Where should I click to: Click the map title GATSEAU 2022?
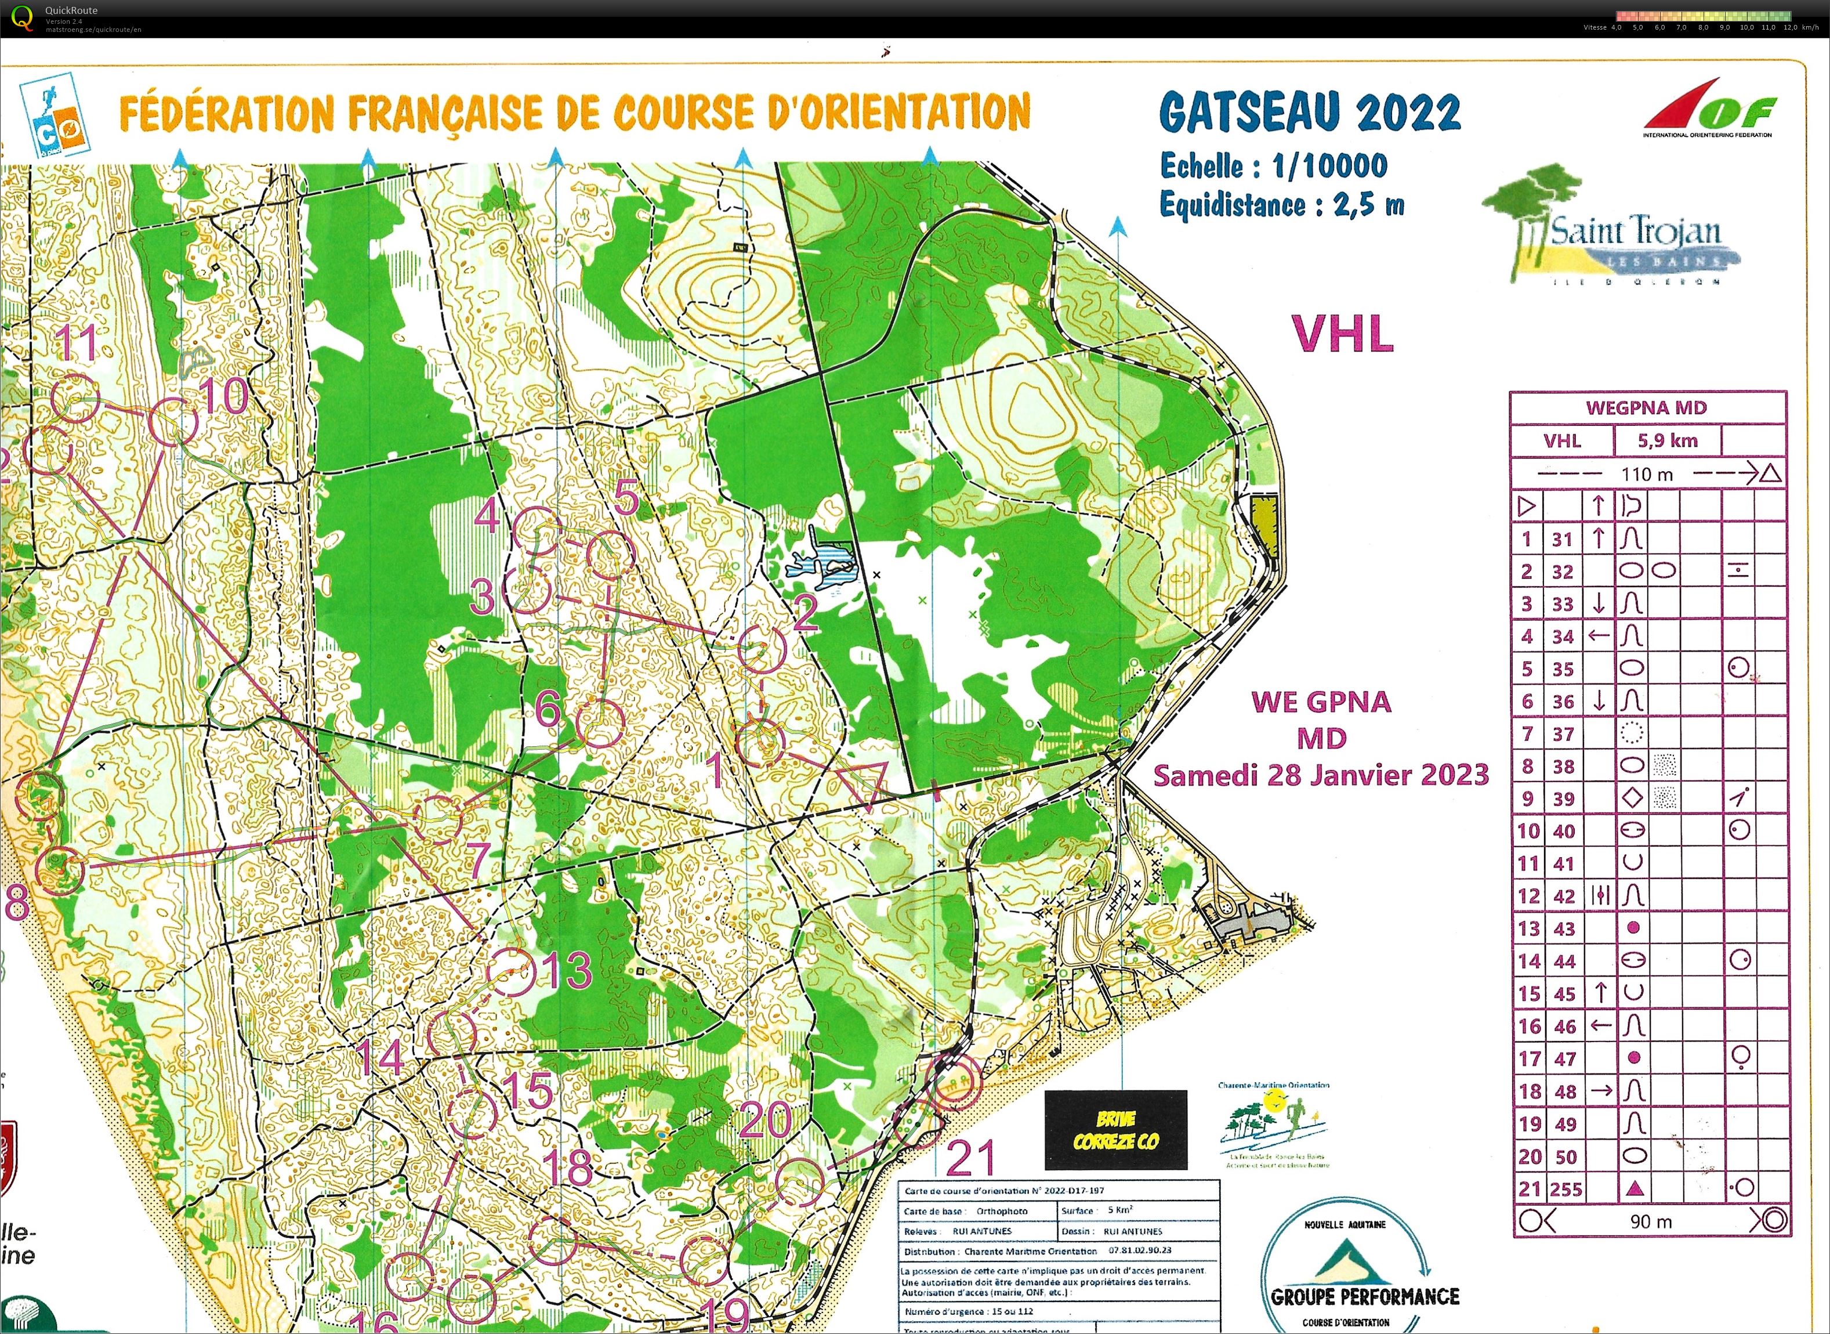click(x=1309, y=112)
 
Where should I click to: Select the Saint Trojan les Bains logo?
click(x=1610, y=230)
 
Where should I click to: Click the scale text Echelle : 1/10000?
click(x=1273, y=167)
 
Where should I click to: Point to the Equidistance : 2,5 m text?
click(x=1281, y=205)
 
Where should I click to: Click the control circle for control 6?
click(x=600, y=722)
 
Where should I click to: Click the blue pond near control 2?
click(x=824, y=563)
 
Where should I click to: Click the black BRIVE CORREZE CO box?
click(x=1115, y=1130)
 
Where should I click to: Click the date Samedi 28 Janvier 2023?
click(x=1321, y=775)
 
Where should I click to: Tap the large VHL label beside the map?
click(x=1342, y=334)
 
